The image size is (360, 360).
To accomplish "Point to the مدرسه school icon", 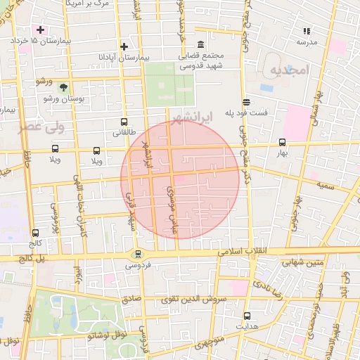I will point(306,31).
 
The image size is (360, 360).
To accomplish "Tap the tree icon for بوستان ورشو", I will point(64,87).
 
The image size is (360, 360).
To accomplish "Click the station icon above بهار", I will point(283,141).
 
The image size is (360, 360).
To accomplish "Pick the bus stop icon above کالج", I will point(36,233).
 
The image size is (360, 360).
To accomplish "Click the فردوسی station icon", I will point(138,255).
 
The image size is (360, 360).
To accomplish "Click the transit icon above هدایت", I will point(247,316).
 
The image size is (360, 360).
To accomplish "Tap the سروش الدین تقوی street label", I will point(191,299).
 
